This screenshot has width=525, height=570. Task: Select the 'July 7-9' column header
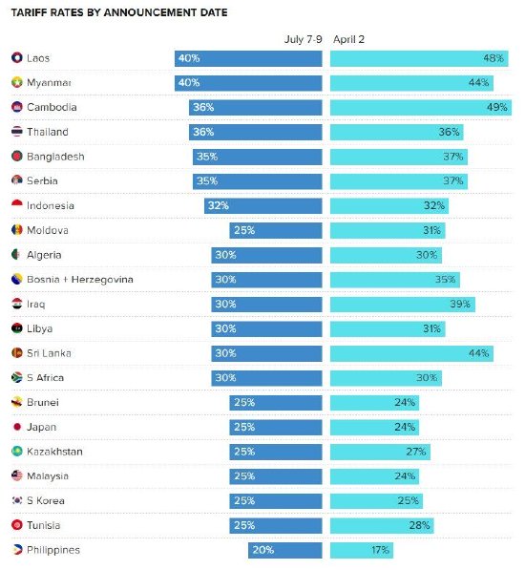click(x=304, y=40)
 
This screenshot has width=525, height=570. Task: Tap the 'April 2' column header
click(x=348, y=40)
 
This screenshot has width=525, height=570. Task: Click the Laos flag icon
click(x=17, y=58)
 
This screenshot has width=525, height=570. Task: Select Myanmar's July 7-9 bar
click(x=248, y=83)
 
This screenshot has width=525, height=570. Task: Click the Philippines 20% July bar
click(x=284, y=550)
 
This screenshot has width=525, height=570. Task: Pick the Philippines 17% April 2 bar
click(x=361, y=550)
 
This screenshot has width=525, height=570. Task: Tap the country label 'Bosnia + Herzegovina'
click(x=80, y=279)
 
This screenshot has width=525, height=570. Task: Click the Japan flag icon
click(x=17, y=427)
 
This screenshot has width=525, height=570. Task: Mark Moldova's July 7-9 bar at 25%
click(x=275, y=230)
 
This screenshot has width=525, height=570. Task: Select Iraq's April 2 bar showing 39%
click(x=402, y=304)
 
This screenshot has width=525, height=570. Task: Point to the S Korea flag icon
click(x=17, y=500)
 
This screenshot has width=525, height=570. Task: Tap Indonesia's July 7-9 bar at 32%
click(x=262, y=205)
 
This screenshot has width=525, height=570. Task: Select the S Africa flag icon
click(x=17, y=378)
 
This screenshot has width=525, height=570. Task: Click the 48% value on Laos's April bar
click(x=493, y=58)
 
